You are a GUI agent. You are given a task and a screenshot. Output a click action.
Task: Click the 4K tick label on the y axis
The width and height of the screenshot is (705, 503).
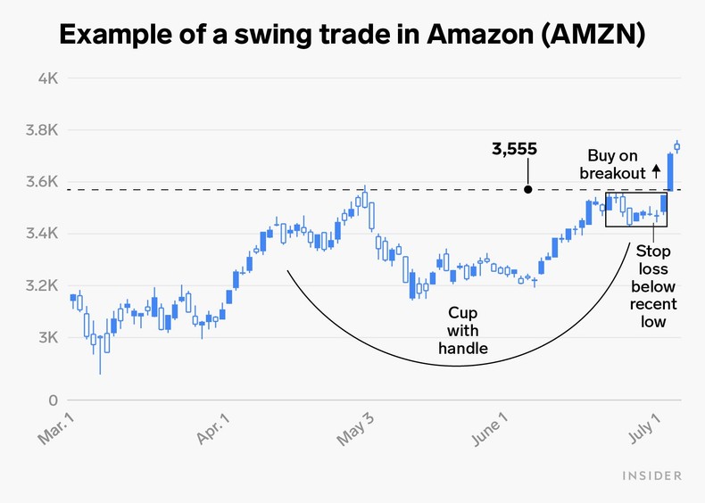point(47,78)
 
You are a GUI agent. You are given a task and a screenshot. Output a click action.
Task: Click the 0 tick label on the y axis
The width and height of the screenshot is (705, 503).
point(53,401)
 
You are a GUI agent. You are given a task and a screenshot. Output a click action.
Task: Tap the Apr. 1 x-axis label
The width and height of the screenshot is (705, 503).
point(211,430)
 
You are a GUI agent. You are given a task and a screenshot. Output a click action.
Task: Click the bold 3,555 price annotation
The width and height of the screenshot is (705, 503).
point(514,149)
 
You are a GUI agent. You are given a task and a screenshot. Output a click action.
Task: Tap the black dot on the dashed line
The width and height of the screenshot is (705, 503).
point(527,189)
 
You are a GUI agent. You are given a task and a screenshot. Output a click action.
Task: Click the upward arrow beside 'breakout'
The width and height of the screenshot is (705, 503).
point(656,169)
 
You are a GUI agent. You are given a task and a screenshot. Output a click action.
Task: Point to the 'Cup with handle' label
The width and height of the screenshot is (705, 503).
point(462,331)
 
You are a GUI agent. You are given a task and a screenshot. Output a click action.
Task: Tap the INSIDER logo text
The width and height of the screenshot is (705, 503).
point(651,475)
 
